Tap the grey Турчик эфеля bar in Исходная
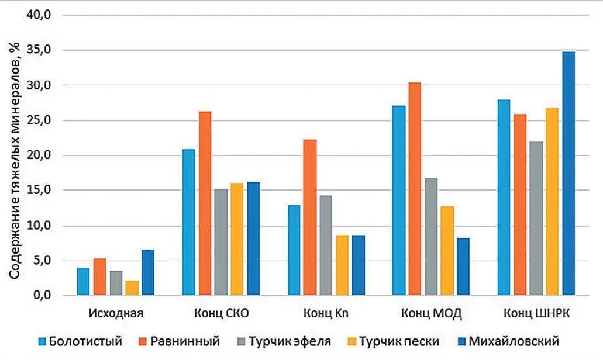116,283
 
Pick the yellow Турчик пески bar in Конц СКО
237,239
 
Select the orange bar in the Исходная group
99,277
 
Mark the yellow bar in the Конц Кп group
342,265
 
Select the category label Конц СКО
220,313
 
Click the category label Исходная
115,313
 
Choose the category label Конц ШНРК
536,313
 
